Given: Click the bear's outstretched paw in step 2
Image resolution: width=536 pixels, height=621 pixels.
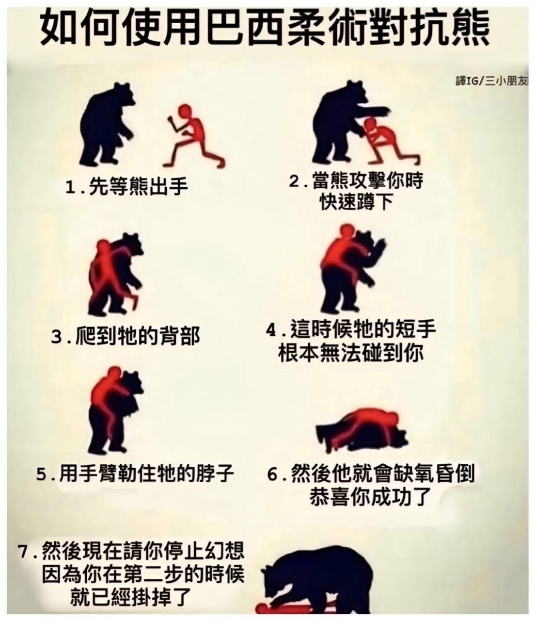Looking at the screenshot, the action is (383, 112).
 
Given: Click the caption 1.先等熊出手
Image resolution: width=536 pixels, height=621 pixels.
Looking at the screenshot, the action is (126, 186).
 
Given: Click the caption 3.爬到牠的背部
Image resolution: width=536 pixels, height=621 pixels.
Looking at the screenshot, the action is (126, 336).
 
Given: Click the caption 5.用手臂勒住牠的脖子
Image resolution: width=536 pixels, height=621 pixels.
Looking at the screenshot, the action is (135, 474).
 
